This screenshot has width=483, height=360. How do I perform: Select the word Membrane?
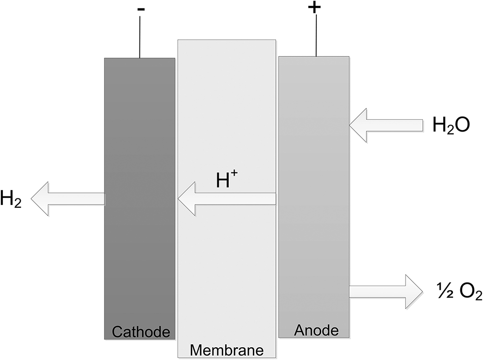point(227,350)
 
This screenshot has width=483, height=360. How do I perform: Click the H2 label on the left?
point(11,199)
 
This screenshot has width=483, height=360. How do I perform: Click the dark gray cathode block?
point(139,148)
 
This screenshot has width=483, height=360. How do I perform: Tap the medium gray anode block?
point(314,222)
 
